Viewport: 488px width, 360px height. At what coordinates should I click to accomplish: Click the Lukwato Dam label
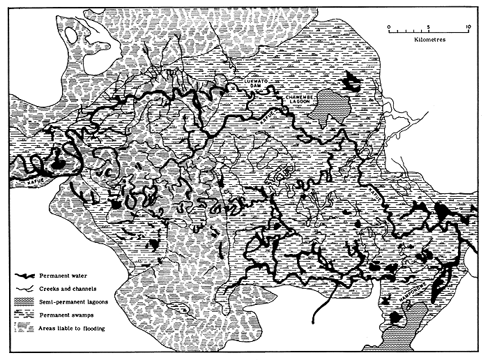tap(250, 86)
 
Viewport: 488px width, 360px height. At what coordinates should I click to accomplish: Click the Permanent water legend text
tap(68, 278)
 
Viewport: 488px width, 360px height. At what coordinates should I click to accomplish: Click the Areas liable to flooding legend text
tap(78, 328)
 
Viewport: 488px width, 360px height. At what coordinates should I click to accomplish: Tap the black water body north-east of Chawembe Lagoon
tap(352, 82)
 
